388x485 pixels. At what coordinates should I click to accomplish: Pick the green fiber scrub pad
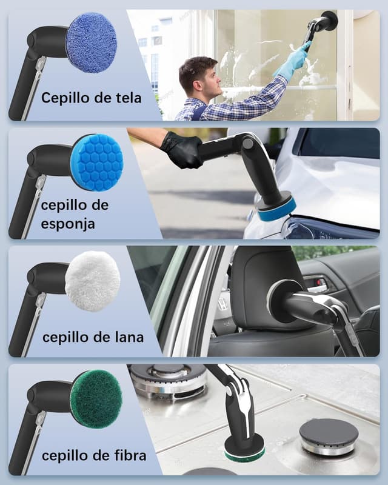click(96, 398)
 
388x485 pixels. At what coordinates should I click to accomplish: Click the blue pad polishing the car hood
click(276, 208)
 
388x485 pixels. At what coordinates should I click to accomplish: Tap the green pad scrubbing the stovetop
click(244, 449)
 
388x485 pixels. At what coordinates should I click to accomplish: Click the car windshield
click(340, 144)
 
